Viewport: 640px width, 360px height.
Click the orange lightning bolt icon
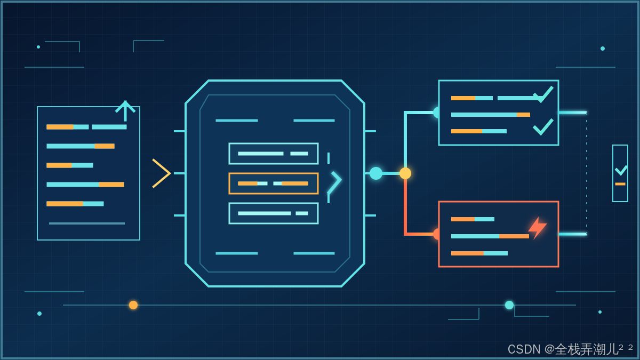click(x=538, y=228)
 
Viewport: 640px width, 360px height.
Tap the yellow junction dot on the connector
click(x=405, y=173)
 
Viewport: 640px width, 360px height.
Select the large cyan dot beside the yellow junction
click(x=375, y=173)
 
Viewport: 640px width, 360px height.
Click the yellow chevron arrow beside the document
click(x=162, y=173)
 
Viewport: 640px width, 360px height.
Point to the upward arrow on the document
click(x=125, y=111)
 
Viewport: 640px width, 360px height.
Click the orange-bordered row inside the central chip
click(x=274, y=183)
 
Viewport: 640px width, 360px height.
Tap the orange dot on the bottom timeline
click(x=133, y=305)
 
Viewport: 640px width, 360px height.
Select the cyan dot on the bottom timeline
click(x=509, y=305)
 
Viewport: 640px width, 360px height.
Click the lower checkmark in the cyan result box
click(x=543, y=127)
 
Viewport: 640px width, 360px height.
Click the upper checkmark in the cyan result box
click(x=543, y=94)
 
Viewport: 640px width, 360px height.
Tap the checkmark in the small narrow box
click(x=621, y=170)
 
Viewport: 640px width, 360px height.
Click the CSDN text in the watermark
click(x=524, y=349)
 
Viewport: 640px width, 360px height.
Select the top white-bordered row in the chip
click(x=274, y=154)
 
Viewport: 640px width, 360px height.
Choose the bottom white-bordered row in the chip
click(x=274, y=213)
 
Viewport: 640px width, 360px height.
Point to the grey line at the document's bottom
click(x=87, y=223)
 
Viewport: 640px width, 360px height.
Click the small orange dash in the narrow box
click(x=620, y=184)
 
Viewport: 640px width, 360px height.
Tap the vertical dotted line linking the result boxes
click(x=587, y=173)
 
